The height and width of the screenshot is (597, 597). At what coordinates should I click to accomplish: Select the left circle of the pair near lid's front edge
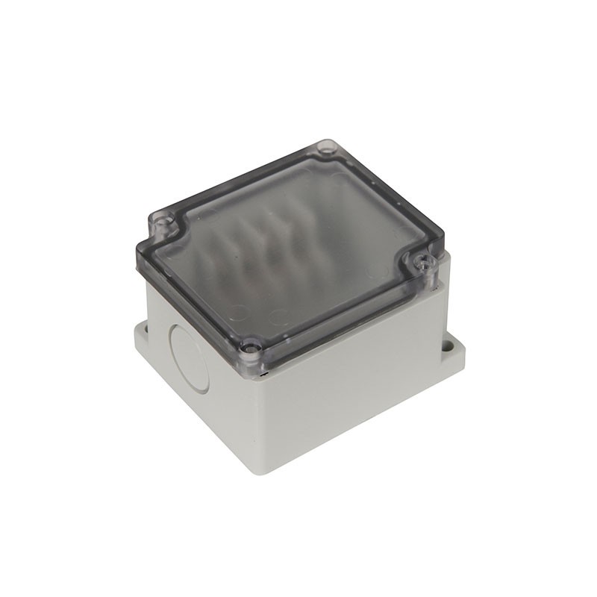point(237,312)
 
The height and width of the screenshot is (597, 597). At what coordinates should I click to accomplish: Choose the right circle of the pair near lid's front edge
point(278,317)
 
